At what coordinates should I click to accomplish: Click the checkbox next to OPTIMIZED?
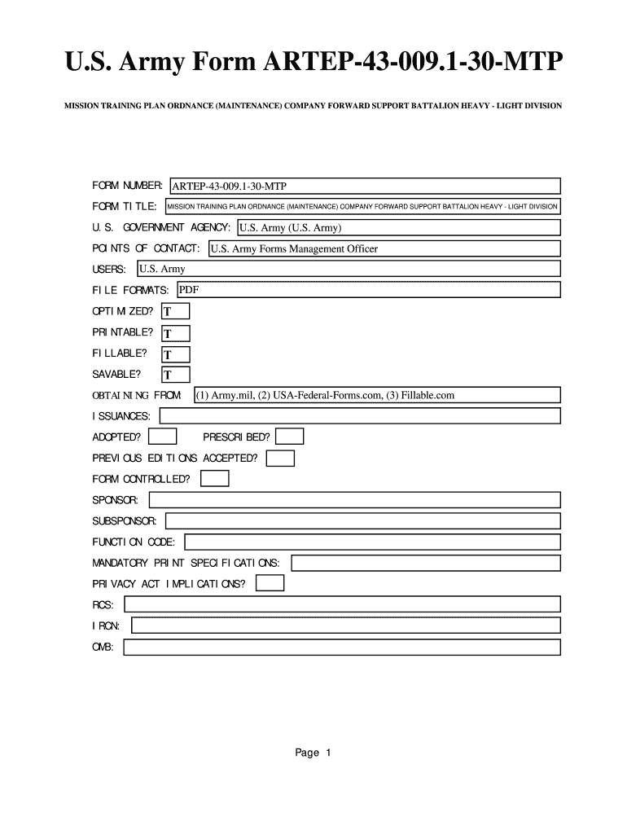(176, 311)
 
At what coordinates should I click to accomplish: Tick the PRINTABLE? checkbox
(176, 333)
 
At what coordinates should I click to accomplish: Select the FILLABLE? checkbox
(176, 354)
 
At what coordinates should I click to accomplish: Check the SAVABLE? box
(176, 375)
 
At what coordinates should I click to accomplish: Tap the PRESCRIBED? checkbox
(291, 437)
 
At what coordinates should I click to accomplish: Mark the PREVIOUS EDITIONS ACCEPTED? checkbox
(281, 458)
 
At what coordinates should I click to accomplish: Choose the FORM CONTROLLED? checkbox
(215, 479)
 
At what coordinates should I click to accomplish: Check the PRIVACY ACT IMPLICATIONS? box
(270, 583)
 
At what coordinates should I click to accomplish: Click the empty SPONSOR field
(354, 499)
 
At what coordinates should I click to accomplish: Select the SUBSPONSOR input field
(363, 520)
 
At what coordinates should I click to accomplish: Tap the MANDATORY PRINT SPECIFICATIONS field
(426, 563)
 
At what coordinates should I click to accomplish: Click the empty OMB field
(342, 647)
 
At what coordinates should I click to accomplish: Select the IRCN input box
(346, 625)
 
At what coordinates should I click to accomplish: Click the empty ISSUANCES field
(360, 416)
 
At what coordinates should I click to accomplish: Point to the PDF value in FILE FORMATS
(189, 290)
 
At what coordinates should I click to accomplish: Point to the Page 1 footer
(313, 753)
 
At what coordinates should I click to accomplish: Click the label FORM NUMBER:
(128, 187)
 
